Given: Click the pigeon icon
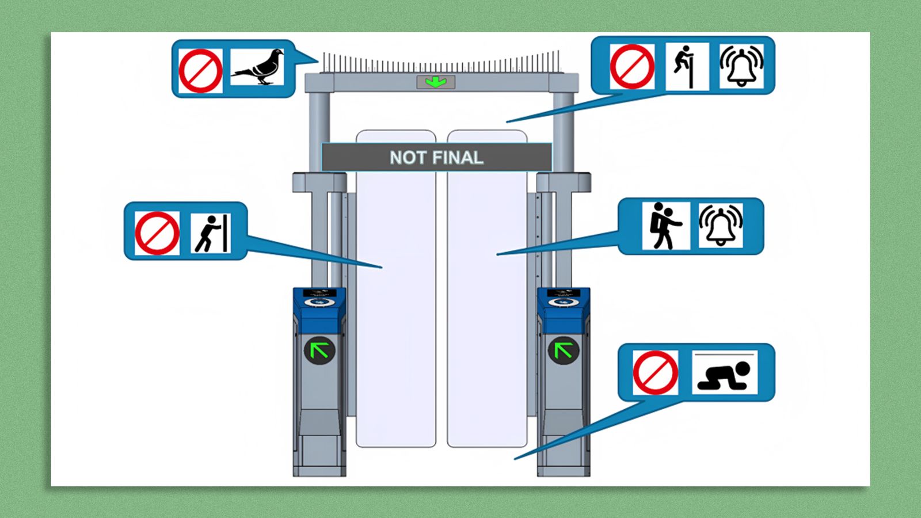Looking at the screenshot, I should tap(257, 67).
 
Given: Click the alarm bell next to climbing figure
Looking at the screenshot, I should tap(741, 66).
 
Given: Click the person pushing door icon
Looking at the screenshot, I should tap(211, 233).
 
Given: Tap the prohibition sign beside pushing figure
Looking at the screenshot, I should tap(157, 233).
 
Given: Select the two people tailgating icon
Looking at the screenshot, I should tap(665, 226).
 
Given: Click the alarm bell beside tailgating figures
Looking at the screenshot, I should tap(721, 226).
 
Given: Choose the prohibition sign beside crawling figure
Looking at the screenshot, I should tap(655, 372).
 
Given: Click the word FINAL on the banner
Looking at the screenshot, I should tap(457, 158).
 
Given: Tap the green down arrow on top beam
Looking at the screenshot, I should tap(436, 82).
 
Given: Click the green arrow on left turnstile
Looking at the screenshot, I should tap(319, 349).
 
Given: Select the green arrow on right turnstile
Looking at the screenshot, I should tap(563, 349).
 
